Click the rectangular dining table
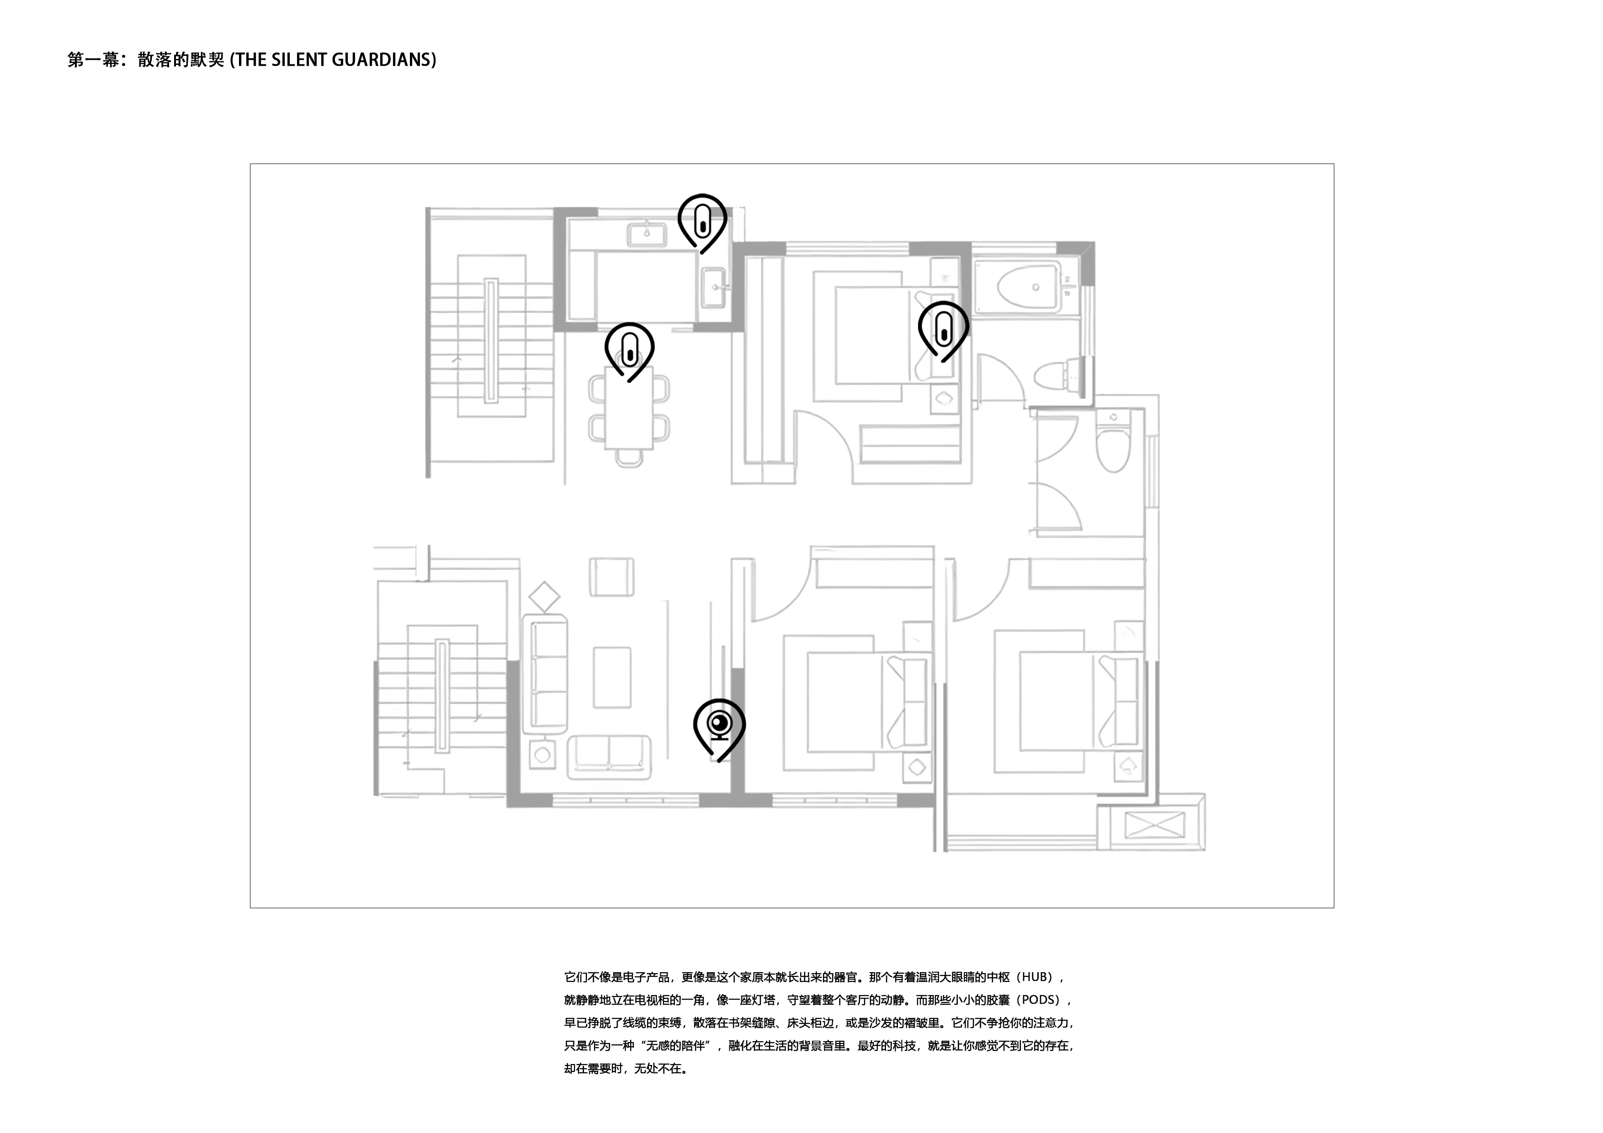(x=629, y=408)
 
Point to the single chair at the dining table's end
(x=629, y=458)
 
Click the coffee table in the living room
(x=612, y=677)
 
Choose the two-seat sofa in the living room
(x=609, y=757)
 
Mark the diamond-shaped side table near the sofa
(x=545, y=598)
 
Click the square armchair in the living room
(x=611, y=577)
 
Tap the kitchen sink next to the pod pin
(x=647, y=234)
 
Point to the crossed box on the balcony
(x=1155, y=826)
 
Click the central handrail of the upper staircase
(x=491, y=341)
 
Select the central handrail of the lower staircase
(x=442, y=695)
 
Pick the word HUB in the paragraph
(x=1037, y=977)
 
